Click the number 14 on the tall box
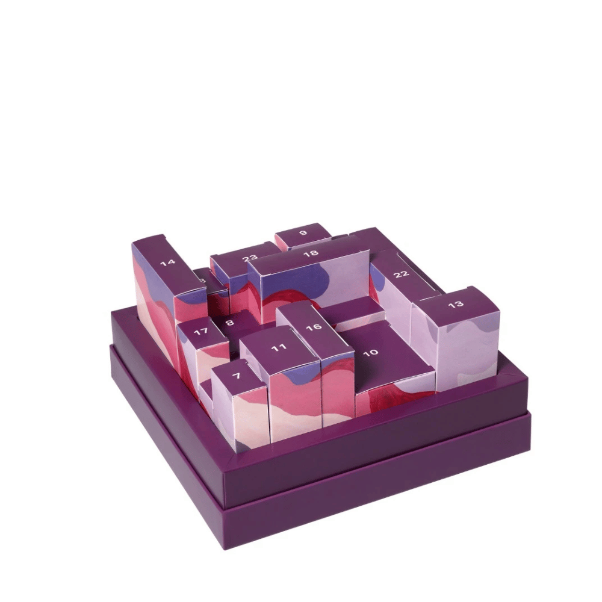pos(167,263)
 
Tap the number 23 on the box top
pos(250,258)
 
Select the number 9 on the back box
pos(303,232)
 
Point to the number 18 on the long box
pos(311,254)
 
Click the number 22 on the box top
pos(402,274)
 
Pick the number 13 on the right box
pos(456,304)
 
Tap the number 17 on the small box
pos(200,332)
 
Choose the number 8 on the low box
pos(229,323)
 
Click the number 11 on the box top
pos(278,348)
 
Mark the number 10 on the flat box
pos(371,352)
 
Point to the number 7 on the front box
pos(236,376)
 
